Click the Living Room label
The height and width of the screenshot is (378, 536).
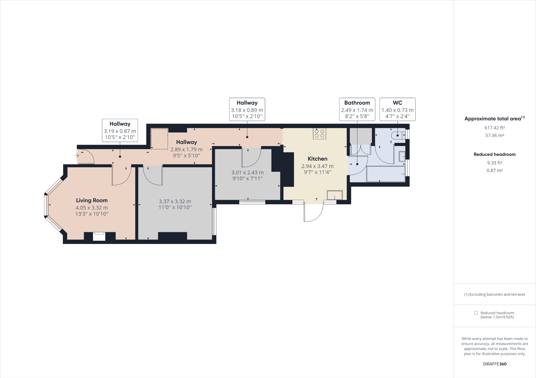point(92,200)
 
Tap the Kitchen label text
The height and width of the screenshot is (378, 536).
point(317,159)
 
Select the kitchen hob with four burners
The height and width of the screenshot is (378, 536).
point(319,133)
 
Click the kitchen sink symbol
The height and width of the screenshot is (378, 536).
point(334,195)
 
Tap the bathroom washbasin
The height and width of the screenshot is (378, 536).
point(402,156)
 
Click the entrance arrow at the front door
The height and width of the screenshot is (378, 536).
point(76,156)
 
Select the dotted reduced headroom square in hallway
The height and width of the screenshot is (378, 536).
point(159,139)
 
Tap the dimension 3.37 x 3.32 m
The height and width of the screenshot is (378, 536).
point(175,201)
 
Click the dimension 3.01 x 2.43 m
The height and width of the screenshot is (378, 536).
point(247,172)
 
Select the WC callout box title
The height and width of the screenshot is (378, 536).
point(397,103)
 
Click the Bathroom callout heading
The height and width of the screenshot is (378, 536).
point(357,103)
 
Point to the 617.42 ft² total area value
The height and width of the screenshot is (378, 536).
point(494,128)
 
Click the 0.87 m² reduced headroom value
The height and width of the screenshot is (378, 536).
point(494,170)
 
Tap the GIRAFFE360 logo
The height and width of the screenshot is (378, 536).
point(494,364)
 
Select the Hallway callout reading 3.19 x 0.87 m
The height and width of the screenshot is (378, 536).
point(120,130)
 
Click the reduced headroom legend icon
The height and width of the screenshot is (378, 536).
point(476,313)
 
